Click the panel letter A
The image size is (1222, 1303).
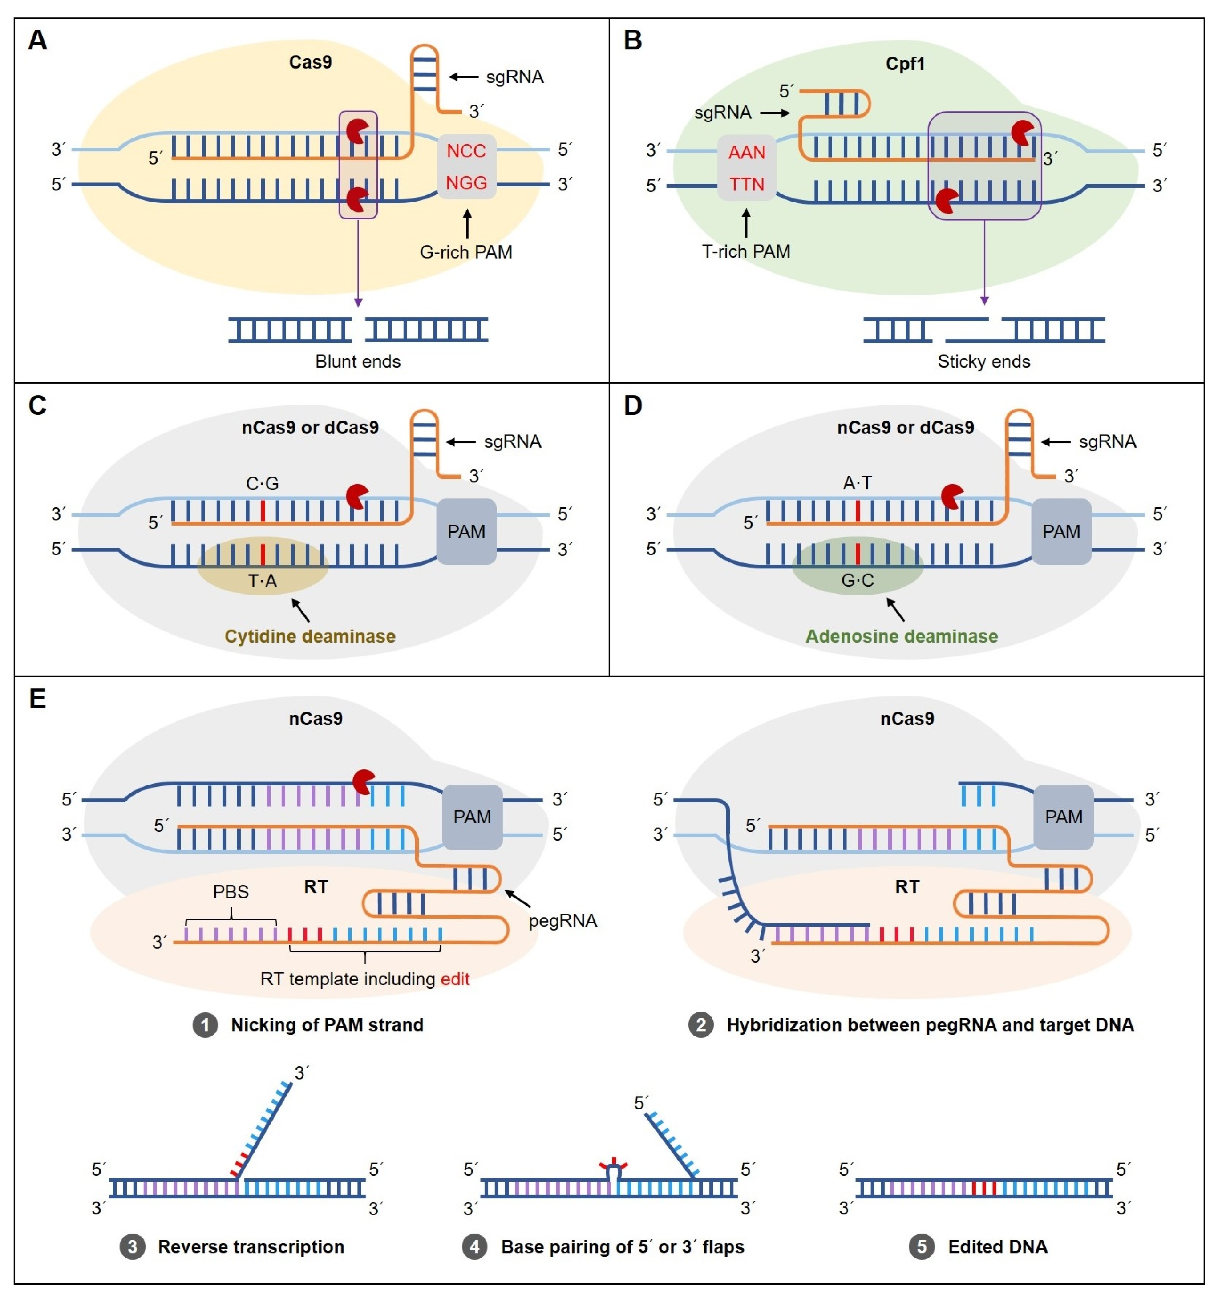[x=37, y=40]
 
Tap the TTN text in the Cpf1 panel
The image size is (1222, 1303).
[x=747, y=184]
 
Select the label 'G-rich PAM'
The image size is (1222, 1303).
[x=466, y=252]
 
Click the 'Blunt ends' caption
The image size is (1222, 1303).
[x=358, y=361]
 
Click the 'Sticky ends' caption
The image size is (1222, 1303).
[x=983, y=361]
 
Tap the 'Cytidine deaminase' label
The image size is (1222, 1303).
[x=310, y=636]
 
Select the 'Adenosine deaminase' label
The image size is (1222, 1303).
[x=902, y=636]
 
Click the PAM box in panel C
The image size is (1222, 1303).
[x=466, y=531]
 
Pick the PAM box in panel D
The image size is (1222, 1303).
[x=1061, y=531]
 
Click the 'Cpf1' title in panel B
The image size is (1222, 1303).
[x=905, y=64]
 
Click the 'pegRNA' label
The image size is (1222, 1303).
[x=563, y=921]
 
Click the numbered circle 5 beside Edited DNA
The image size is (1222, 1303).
[x=921, y=1246]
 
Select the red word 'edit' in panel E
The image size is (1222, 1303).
[x=455, y=979]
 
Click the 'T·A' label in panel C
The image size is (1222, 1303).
[x=262, y=581]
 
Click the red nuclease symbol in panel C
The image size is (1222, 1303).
[x=357, y=496]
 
